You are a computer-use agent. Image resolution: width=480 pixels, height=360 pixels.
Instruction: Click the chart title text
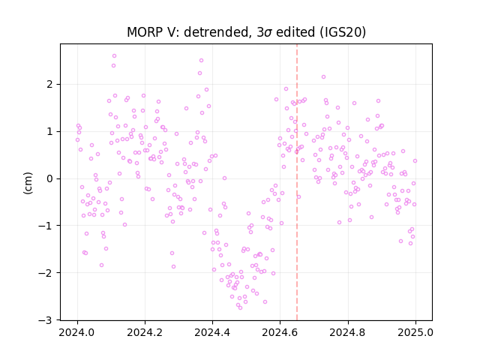coord(247,32)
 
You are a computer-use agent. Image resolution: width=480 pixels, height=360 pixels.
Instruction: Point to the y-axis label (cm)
coord(28,183)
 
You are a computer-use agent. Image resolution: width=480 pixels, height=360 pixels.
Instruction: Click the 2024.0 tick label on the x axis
coord(77,332)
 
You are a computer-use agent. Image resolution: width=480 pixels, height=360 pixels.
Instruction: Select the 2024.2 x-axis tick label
coord(145,332)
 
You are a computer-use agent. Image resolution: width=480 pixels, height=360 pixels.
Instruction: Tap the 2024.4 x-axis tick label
coord(212,332)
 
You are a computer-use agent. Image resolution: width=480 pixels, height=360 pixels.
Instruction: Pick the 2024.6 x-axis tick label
coord(280,332)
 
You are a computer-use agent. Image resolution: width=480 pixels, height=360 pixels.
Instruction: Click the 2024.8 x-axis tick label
coord(348,332)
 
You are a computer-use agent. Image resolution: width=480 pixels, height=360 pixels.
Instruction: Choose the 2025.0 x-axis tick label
coord(415,332)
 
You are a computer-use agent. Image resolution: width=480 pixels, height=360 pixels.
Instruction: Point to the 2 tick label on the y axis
coord(50,85)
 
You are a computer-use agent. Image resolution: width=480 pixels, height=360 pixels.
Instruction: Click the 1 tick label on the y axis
coord(50,132)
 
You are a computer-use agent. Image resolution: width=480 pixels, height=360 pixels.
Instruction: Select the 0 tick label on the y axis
coord(50,178)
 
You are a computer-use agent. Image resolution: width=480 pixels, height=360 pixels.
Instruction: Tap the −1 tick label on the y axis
coord(46,226)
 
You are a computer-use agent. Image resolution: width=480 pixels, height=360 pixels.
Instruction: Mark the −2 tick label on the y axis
coord(46,273)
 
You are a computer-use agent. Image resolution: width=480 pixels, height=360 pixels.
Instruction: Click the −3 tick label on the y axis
coord(46,320)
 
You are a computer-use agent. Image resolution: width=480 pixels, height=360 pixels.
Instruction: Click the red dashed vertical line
coord(297,182)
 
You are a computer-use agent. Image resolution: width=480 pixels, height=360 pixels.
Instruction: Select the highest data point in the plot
coord(115,56)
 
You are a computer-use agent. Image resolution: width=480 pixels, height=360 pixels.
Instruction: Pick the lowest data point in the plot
coord(240,307)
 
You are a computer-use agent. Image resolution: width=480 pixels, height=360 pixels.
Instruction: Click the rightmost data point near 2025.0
coord(415,161)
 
